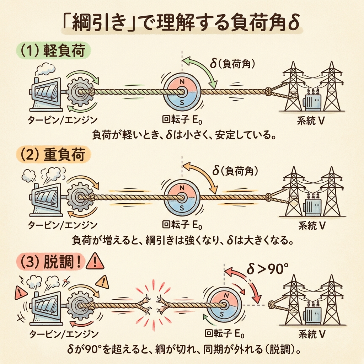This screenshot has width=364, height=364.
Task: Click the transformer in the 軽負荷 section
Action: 312,102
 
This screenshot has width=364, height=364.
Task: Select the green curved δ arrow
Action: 203,71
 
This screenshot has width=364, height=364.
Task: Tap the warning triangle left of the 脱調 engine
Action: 18,293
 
